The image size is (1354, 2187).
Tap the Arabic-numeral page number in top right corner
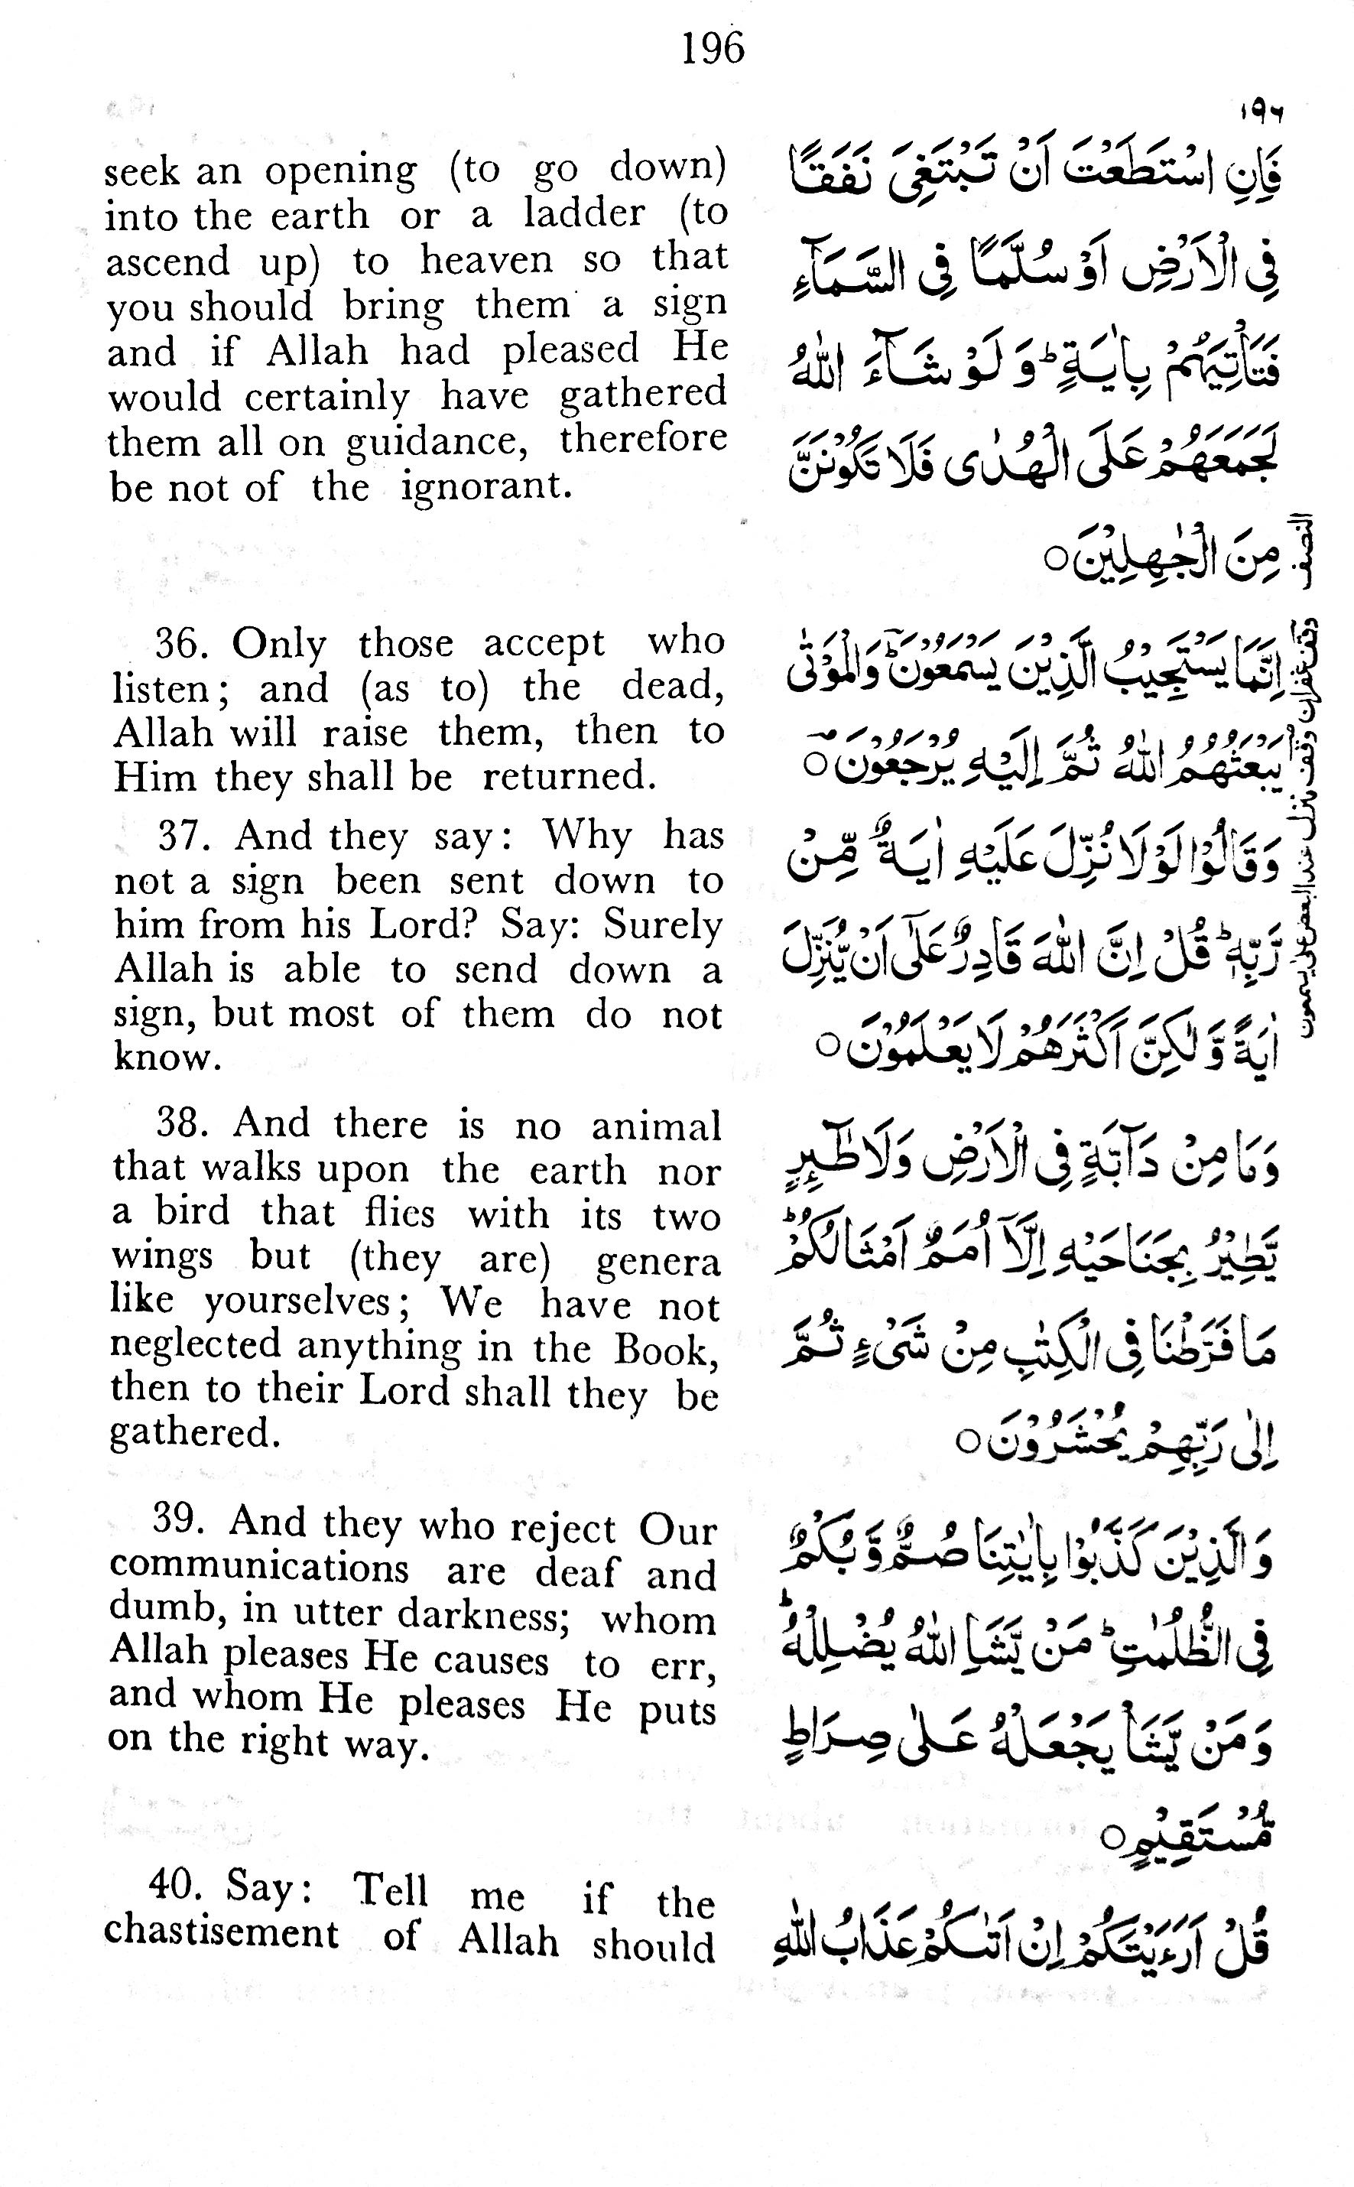pos(1261,115)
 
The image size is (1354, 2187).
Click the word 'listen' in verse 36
pos(164,687)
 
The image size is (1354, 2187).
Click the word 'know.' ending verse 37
pos(167,1058)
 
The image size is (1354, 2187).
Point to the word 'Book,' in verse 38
pos(664,1349)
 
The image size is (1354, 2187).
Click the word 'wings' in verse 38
pos(161,1258)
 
